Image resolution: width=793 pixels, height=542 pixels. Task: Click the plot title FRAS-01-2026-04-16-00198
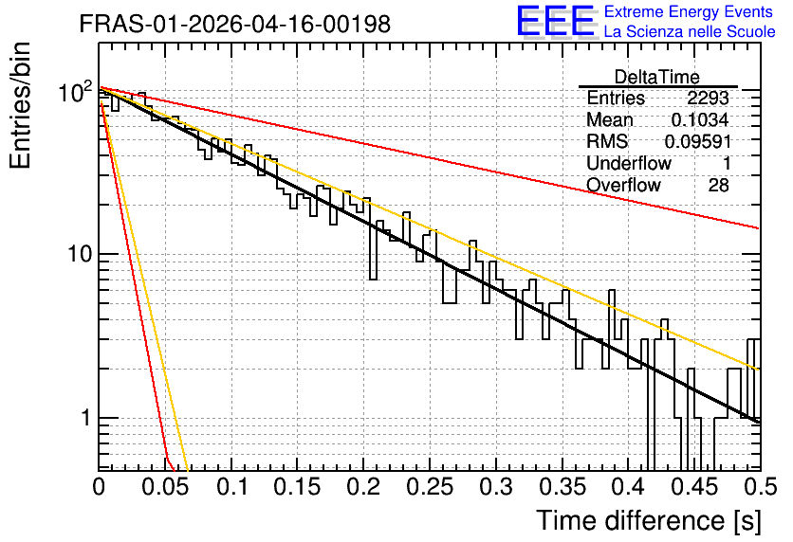[x=235, y=24]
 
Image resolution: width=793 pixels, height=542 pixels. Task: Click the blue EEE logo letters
[x=555, y=21]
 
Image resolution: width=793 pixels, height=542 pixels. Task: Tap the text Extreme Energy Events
[x=689, y=11]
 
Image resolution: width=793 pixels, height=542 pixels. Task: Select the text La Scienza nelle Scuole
[x=690, y=31]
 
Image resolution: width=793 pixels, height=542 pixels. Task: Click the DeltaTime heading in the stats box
[x=657, y=77]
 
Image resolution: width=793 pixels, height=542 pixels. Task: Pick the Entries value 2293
[x=708, y=98]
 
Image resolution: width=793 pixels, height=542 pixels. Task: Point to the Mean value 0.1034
[x=700, y=119]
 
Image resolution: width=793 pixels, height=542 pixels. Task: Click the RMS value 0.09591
[x=698, y=142]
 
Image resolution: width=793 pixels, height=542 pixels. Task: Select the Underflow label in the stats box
[x=629, y=163]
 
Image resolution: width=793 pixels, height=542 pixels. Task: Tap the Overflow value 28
[x=719, y=186]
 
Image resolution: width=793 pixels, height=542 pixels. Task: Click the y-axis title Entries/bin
[x=20, y=105]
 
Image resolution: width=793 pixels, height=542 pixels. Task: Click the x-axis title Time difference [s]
[x=649, y=520]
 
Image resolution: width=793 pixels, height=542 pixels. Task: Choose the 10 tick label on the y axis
[x=80, y=253]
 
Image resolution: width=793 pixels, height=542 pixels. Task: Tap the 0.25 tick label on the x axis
[x=431, y=487]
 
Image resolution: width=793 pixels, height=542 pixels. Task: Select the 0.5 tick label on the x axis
[x=761, y=487]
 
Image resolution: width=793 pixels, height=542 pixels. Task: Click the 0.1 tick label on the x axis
[x=231, y=487]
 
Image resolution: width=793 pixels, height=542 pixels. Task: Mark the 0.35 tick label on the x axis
[x=562, y=487]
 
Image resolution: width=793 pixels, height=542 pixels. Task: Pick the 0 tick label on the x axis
[x=99, y=487]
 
